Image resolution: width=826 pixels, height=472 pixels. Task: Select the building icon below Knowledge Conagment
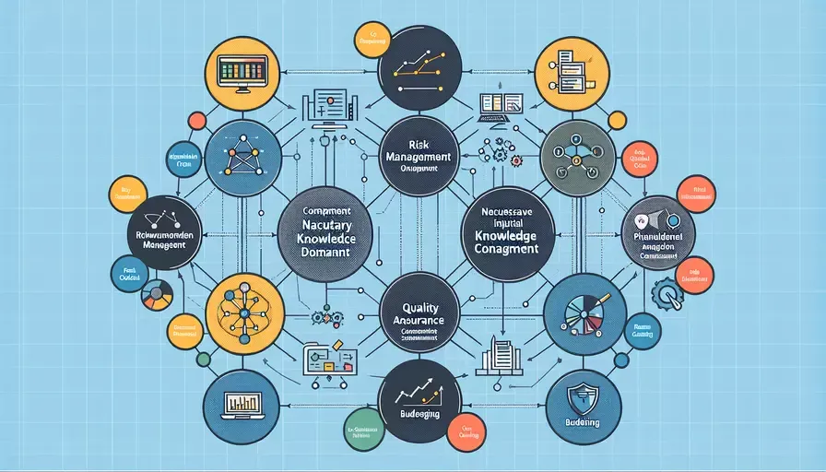click(496, 356)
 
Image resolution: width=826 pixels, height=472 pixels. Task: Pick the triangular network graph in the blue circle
click(242, 159)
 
